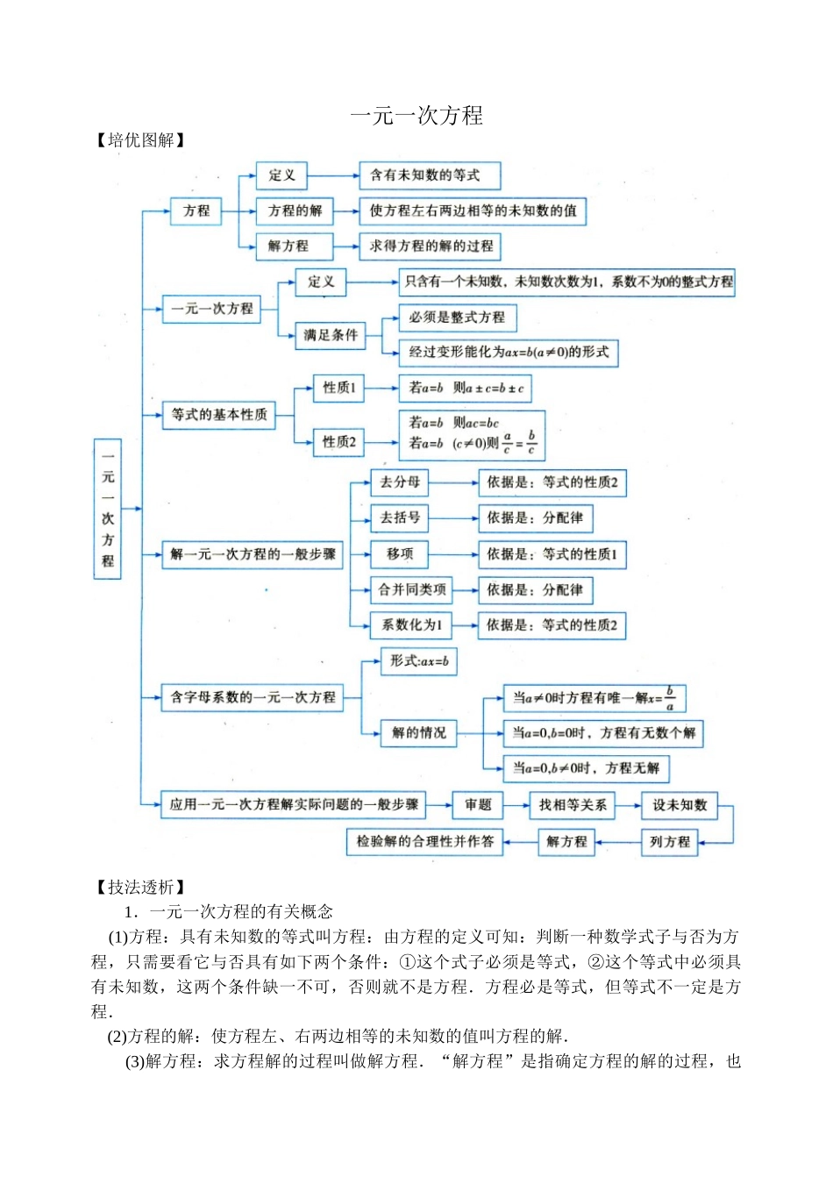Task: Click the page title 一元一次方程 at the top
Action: (x=416, y=116)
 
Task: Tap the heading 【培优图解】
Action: (x=140, y=140)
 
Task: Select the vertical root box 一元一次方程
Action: (x=107, y=509)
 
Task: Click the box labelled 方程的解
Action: (x=295, y=210)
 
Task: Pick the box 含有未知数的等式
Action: (x=430, y=175)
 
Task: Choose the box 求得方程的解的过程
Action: (x=430, y=246)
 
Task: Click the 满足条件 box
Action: (x=331, y=335)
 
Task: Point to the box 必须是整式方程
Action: (x=457, y=317)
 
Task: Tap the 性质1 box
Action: (x=338, y=388)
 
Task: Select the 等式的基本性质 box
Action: (x=219, y=415)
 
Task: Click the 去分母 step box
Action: (x=400, y=482)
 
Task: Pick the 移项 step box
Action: (x=400, y=554)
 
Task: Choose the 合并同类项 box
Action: (x=412, y=590)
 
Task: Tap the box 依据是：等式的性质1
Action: (x=552, y=554)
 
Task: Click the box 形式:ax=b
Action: (x=419, y=661)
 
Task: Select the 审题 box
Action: (x=478, y=805)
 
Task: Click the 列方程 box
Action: (x=670, y=842)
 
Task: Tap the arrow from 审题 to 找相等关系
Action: (x=516, y=805)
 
